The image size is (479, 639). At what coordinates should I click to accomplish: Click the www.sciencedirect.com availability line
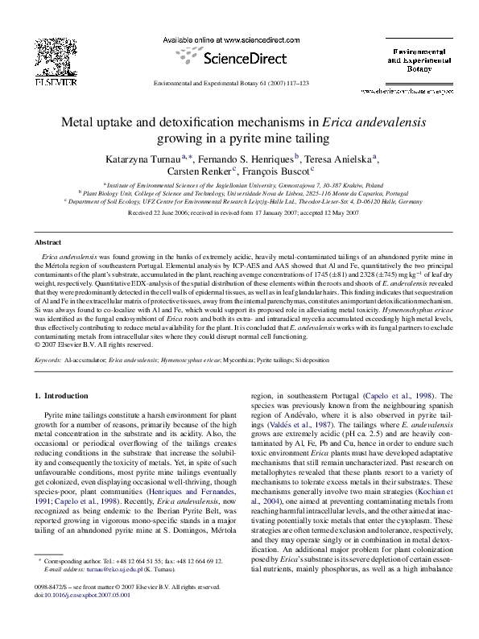tap(238, 39)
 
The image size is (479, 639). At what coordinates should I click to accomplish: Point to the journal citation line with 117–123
tap(239, 82)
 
